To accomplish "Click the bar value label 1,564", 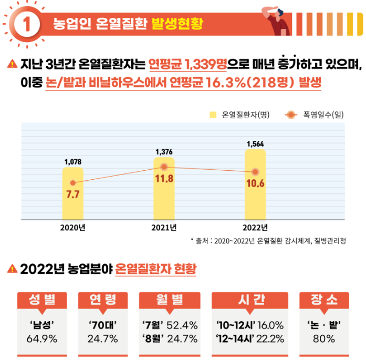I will point(255,143).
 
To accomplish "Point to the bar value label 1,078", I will point(72,162).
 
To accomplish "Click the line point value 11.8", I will point(164,178).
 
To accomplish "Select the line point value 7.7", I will point(72,194).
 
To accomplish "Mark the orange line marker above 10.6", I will point(255,172).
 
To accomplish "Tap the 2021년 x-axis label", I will point(164,228).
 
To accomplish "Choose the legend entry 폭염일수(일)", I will point(320,114).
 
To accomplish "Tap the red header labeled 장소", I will point(323,300).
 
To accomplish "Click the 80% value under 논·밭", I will point(323,338).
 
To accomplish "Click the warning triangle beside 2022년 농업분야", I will point(12,269).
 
